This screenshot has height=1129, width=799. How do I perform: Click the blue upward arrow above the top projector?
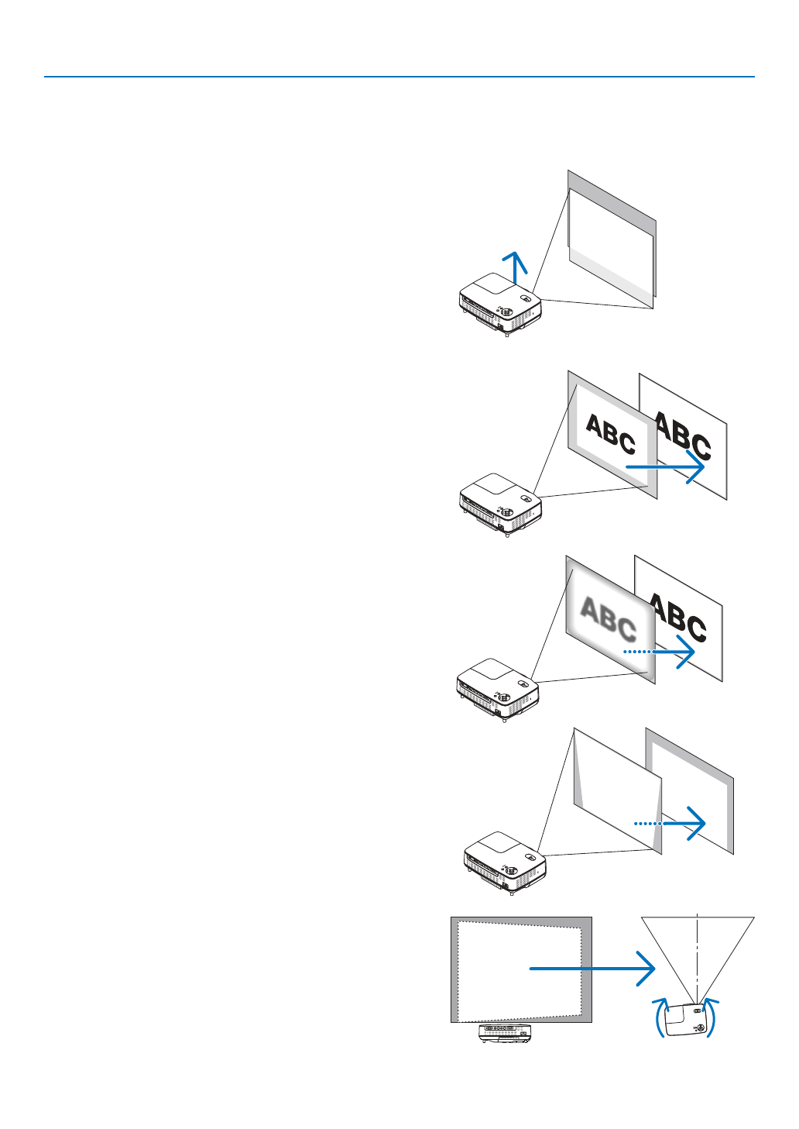pyautogui.click(x=514, y=267)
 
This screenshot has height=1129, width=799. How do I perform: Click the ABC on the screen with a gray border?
pyautogui.click(x=610, y=435)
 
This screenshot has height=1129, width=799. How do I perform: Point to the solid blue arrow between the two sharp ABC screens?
pyautogui.click(x=665, y=467)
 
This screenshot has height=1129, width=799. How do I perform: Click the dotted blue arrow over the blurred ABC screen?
pyautogui.click(x=659, y=652)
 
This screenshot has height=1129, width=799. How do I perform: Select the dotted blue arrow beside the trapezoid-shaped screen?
pyautogui.click(x=670, y=823)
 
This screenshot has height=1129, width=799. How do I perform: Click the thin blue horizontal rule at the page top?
pyautogui.click(x=399, y=77)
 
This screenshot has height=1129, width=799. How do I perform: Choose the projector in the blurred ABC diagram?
pyautogui.click(x=498, y=690)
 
